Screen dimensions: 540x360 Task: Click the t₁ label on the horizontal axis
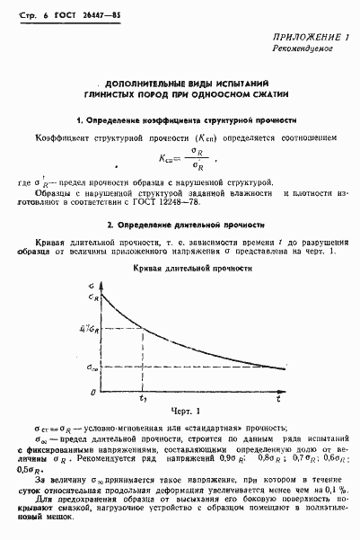(x=142, y=399)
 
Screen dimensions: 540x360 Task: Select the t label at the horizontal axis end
(x=278, y=398)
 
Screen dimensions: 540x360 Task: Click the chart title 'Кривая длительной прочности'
(x=183, y=268)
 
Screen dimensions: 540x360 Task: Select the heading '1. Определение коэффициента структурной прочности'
(x=186, y=120)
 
